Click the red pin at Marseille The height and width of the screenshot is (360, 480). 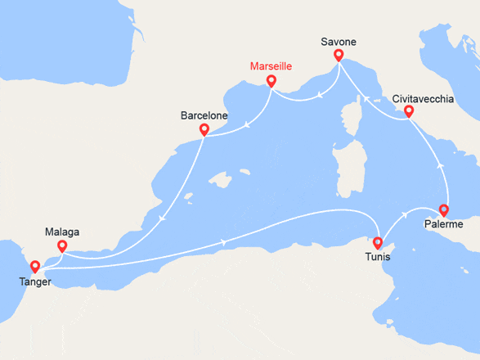[x=271, y=82]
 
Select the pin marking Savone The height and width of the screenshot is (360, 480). [x=338, y=56]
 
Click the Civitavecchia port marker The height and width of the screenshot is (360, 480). [x=409, y=112]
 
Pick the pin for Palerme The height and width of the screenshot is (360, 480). [x=444, y=209]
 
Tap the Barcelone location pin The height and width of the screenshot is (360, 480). [x=204, y=129]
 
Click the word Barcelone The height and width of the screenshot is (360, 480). [x=204, y=115]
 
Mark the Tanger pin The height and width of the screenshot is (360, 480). [x=34, y=266]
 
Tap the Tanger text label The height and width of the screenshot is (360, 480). [x=34, y=281]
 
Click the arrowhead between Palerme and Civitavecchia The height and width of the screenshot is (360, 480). [x=441, y=164]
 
